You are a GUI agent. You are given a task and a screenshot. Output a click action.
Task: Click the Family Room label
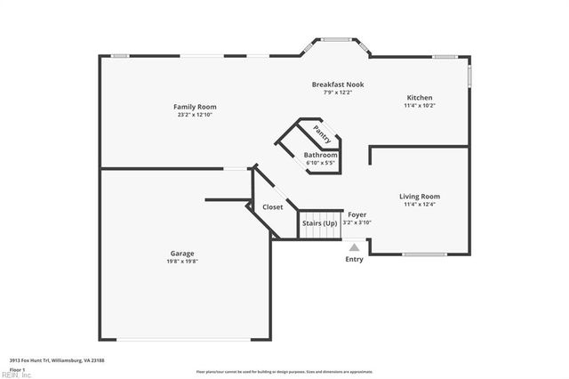point(195,107)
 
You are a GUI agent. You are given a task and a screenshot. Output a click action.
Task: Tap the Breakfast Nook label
point(337,85)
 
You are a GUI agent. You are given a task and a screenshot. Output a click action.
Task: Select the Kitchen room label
point(420,98)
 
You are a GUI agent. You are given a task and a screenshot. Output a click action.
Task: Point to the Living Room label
point(420,197)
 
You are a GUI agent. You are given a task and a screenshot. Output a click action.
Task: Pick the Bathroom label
point(321,156)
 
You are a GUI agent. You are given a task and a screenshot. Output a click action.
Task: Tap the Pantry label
point(322,133)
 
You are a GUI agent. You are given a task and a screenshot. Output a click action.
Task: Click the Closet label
point(273,207)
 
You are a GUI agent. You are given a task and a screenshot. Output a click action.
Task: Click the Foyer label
point(357,214)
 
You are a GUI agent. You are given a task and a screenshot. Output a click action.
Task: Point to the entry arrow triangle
point(354,247)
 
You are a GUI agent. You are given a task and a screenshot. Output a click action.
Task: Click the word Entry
point(354,260)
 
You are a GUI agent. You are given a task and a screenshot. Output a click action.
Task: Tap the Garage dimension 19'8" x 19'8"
point(183,262)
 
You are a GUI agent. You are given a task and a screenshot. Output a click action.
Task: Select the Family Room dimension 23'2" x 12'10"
point(196,115)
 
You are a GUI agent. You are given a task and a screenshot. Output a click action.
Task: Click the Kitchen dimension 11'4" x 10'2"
point(420,106)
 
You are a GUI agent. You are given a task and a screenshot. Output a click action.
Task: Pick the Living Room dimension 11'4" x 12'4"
point(420,205)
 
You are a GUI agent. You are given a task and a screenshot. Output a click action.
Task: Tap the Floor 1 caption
point(18,368)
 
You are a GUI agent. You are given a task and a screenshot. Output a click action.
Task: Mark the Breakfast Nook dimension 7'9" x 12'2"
point(338,93)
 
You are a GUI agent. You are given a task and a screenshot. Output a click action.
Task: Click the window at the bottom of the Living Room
point(425,254)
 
